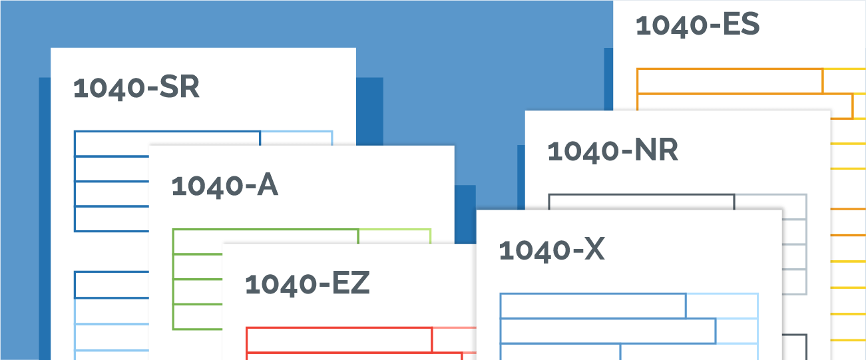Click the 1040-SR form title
click(136, 87)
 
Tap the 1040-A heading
click(224, 186)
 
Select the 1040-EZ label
click(308, 283)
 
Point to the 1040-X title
click(552, 250)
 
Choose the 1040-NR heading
click(613, 150)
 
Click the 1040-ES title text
click(698, 25)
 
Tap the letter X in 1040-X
click(594, 250)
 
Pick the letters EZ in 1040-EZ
click(351, 283)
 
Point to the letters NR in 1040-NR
click(656, 150)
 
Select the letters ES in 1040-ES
click(741, 24)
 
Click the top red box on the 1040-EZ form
click(339, 340)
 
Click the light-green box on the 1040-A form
click(395, 237)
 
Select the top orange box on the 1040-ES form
click(730, 81)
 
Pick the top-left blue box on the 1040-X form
click(593, 306)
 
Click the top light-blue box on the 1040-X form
click(722, 306)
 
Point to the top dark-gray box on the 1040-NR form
click(642, 202)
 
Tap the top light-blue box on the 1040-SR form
click(296, 138)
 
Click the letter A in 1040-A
click(268, 185)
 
